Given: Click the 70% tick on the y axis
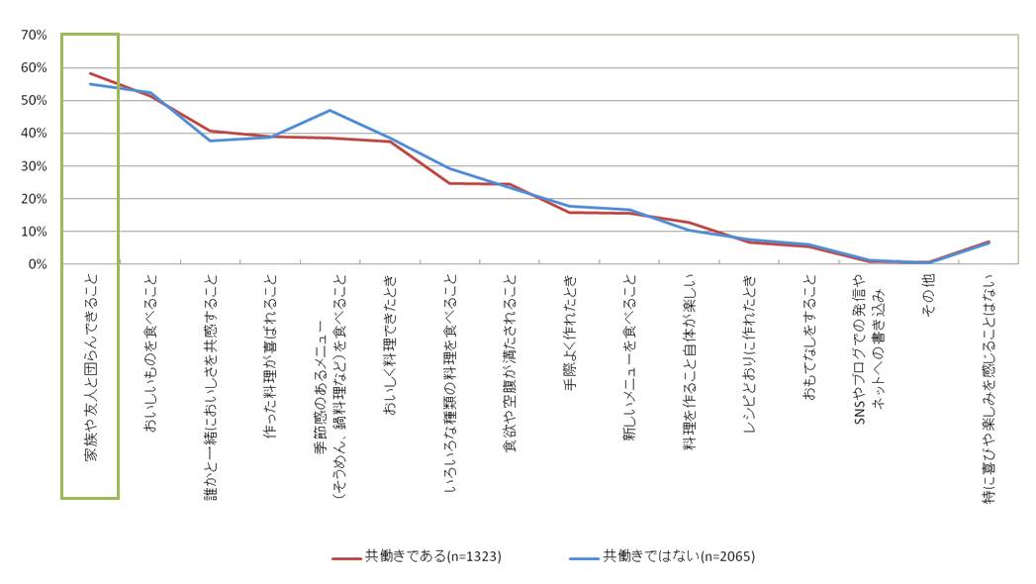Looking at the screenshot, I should (x=34, y=35).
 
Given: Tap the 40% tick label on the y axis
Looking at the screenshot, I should (x=34, y=133).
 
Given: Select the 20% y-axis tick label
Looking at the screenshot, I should (x=34, y=199).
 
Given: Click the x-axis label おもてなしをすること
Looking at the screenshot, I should (x=809, y=337).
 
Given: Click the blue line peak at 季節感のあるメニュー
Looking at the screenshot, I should (x=330, y=110).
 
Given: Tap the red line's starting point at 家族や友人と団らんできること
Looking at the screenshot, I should (x=90, y=73).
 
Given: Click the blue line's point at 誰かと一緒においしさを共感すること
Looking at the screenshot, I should (x=210, y=141).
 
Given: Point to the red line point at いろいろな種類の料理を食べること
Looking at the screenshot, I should (x=449, y=183).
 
